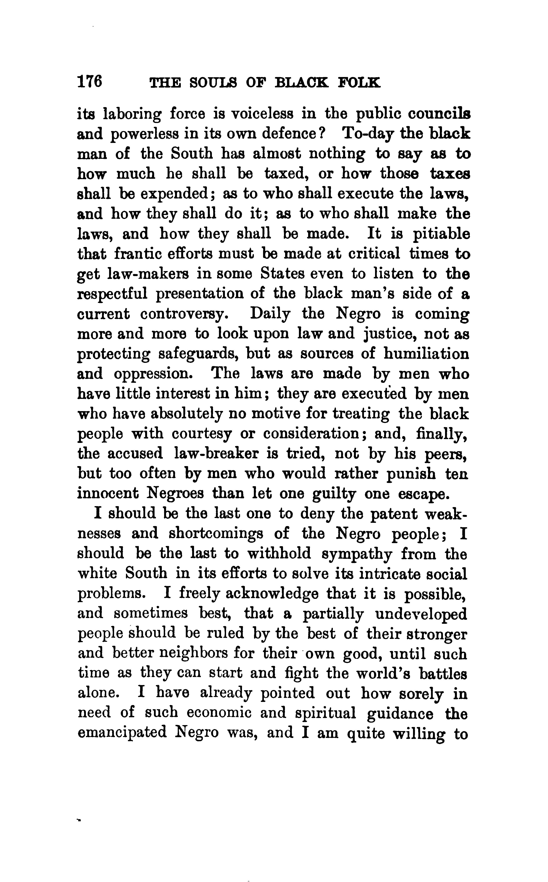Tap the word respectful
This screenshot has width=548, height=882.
point(112,294)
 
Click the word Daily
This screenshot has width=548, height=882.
point(270,314)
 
